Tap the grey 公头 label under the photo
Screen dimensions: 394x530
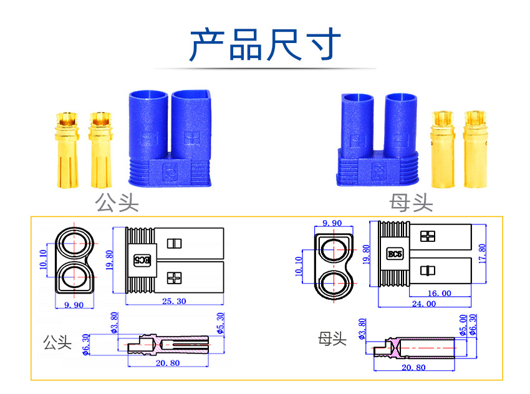117,203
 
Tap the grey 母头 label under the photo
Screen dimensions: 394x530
411,203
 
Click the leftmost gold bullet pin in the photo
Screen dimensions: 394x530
65,150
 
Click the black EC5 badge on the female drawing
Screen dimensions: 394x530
395,254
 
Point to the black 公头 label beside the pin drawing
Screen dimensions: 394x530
57,342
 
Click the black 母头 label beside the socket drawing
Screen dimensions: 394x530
332,339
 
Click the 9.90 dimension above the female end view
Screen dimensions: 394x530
331,223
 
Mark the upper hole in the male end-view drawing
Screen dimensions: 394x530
74,244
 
